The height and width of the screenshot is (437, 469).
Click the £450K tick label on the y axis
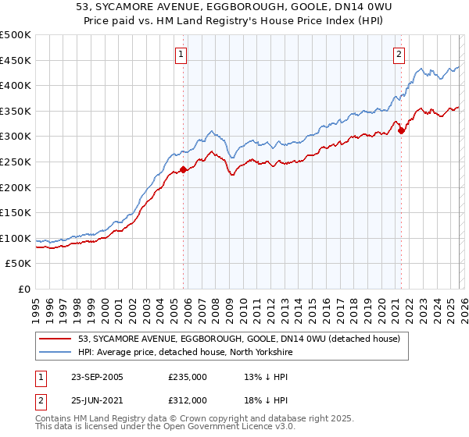coord(16,60)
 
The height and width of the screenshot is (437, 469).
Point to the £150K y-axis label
coord(16,212)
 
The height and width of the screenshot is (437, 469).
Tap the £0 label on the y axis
coord(24,289)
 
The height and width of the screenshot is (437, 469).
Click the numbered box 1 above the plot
coord(181,55)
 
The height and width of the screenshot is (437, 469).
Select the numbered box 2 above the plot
coord(399,55)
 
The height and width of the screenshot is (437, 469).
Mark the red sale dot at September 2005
coord(184,169)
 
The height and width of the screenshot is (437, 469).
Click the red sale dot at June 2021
coord(402,130)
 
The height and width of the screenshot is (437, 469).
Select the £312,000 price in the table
coord(188,400)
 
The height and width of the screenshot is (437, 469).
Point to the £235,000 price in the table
coord(188,377)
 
